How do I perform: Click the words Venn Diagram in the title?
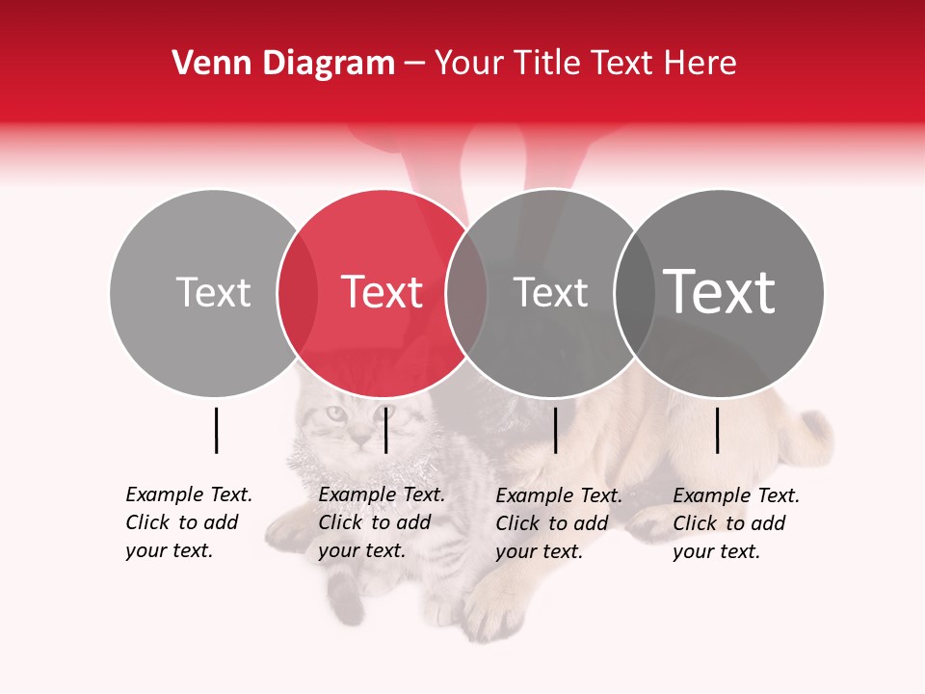point(283,64)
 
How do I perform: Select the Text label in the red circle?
point(383,292)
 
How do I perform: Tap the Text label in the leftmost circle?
point(213,292)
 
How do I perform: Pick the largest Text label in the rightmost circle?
point(720,291)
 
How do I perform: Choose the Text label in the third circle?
point(550,292)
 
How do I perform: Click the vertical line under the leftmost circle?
point(217,430)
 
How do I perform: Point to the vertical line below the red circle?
point(385,430)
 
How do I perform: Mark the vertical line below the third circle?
point(556,430)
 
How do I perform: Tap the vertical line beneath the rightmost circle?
point(718,430)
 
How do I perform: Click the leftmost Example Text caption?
point(189,522)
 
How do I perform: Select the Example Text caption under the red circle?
point(382,522)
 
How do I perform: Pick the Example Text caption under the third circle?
point(559,523)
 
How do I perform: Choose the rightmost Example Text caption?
point(736,523)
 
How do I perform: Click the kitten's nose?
point(359,437)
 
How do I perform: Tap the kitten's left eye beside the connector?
point(334,414)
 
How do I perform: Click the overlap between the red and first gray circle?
point(298,292)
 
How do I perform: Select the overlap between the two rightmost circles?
point(633,292)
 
